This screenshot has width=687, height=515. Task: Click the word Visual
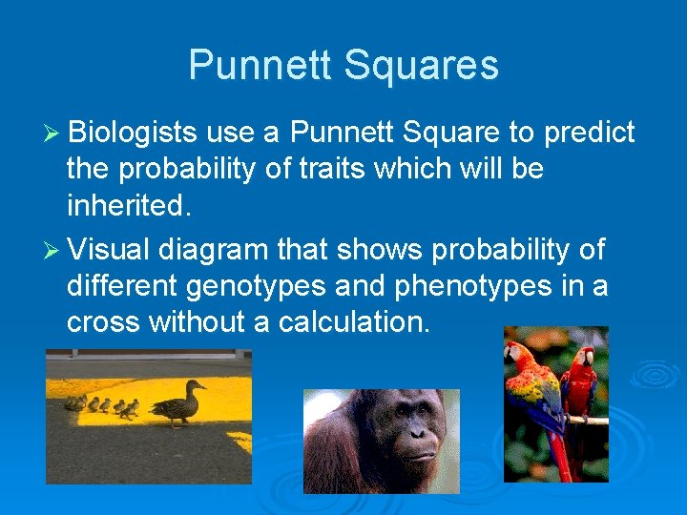point(109,250)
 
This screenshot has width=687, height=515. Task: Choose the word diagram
point(214,250)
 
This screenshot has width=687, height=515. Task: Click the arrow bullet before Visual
point(52,251)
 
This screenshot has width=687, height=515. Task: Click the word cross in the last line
point(103,322)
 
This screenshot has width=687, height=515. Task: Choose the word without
point(201,322)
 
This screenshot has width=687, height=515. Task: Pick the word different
point(124,286)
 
